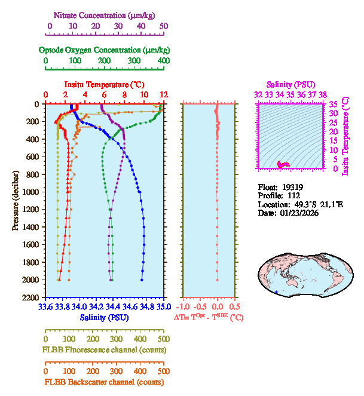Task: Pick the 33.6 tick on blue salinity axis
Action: (x=45, y=307)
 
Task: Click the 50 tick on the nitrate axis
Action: (x=164, y=26)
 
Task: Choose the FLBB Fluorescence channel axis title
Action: (x=103, y=349)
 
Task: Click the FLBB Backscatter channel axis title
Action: (x=103, y=382)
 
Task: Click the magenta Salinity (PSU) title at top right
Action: (x=290, y=84)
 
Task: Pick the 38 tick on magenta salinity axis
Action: (x=322, y=94)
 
